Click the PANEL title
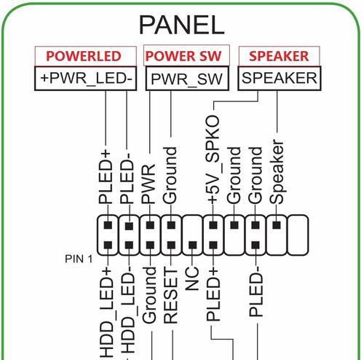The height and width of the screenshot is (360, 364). tap(181, 25)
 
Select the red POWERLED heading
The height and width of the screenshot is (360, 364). tap(84, 56)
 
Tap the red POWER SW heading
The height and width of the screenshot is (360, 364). tap(183, 56)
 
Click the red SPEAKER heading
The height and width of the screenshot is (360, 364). tap(279, 56)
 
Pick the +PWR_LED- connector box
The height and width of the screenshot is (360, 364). tap(86, 78)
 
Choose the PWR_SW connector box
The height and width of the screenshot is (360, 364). tap(187, 79)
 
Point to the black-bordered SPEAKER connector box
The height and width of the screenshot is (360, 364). tap(280, 78)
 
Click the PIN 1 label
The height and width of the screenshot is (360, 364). tap(79, 259)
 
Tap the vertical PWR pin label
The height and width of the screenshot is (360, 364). tap(149, 184)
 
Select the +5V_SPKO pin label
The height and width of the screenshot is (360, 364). tap(213, 160)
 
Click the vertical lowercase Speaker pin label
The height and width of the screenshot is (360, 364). tap(277, 172)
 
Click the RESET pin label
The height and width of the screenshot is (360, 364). tap(170, 296)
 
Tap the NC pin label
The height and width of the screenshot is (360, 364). tap(192, 279)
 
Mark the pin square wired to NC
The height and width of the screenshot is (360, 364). tap(193, 245)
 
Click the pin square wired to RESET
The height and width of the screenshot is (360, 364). tap(172, 245)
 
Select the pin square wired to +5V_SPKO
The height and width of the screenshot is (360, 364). tap(213, 225)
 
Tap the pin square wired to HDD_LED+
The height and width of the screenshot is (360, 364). tap(108, 245)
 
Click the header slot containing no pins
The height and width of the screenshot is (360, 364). tap(298, 235)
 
